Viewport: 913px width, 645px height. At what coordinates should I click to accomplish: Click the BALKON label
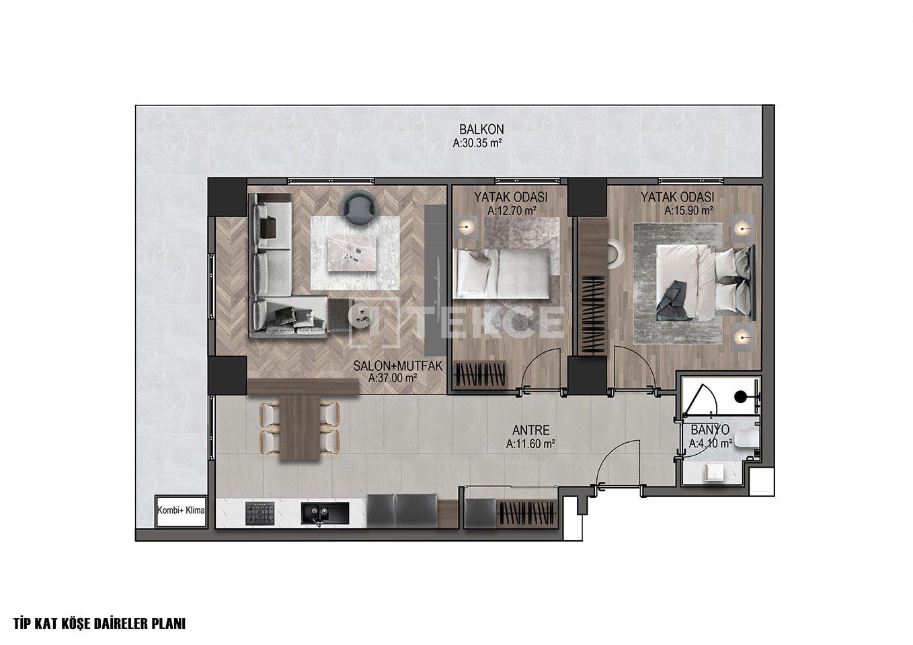click(x=481, y=130)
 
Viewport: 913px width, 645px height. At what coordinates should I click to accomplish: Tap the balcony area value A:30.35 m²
click(x=477, y=143)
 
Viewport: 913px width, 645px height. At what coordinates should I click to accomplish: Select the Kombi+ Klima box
click(x=181, y=511)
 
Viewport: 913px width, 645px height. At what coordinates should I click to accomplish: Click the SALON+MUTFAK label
click(x=397, y=365)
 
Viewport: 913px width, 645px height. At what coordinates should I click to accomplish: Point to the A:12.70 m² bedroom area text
click(x=512, y=211)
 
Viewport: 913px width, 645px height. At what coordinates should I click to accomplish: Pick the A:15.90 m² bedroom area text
click(x=689, y=211)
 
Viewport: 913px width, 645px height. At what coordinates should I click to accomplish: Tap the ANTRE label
click(x=530, y=430)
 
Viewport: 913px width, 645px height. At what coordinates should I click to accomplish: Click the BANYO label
click(x=710, y=430)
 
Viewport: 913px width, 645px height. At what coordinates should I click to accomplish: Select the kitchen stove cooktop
click(x=260, y=513)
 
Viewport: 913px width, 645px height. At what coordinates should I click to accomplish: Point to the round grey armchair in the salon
click(x=359, y=207)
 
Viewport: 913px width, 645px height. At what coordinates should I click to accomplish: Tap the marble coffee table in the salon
click(x=352, y=254)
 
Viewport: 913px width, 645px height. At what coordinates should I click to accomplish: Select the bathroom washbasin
click(x=714, y=474)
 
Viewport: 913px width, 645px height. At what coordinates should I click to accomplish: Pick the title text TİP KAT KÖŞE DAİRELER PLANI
click(x=100, y=623)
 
